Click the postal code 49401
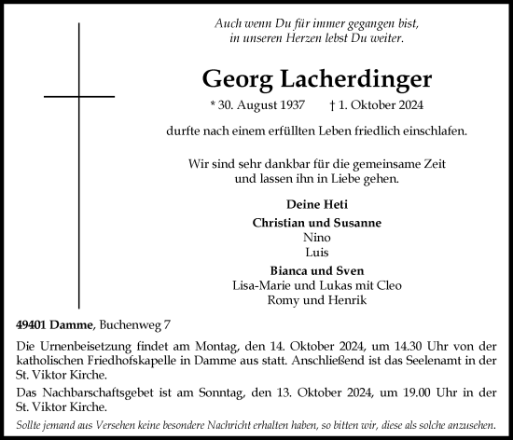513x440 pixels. click(32, 323)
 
